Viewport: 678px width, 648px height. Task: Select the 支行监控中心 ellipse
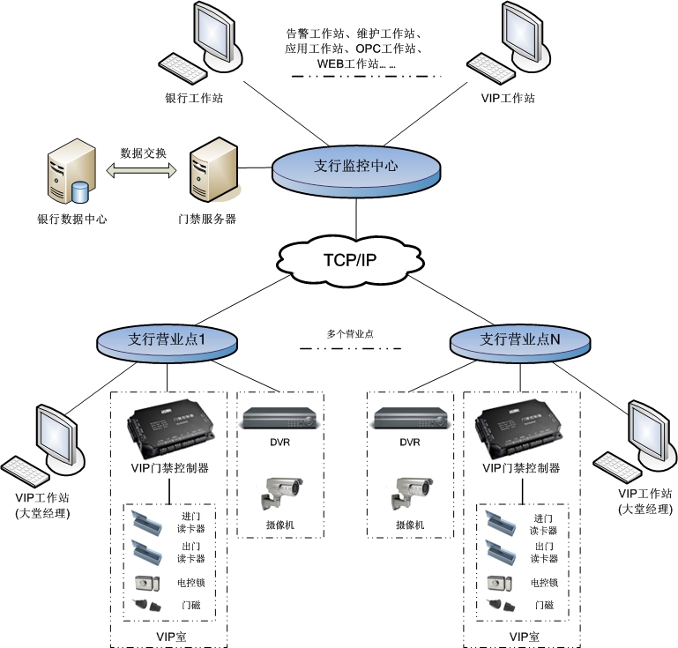pyautogui.click(x=355, y=165)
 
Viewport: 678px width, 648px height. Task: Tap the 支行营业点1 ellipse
pyautogui.click(x=167, y=339)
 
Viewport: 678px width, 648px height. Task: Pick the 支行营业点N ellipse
pyautogui.click(x=519, y=339)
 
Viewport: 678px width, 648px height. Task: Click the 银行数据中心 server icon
pyautogui.click(x=71, y=177)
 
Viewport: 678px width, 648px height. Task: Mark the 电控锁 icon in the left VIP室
pyautogui.click(x=145, y=583)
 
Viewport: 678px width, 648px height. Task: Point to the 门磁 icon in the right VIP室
pyautogui.click(x=500, y=605)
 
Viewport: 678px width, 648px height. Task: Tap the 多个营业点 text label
pyautogui.click(x=350, y=335)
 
